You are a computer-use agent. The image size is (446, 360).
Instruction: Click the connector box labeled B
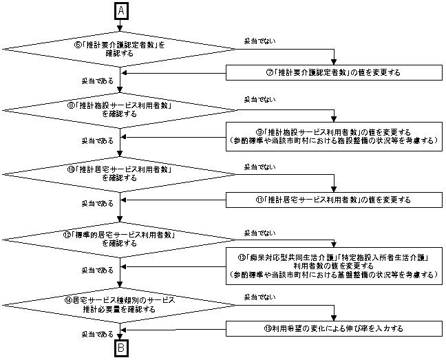point(120,348)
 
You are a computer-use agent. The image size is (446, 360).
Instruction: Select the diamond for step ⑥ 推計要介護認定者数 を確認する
point(120,49)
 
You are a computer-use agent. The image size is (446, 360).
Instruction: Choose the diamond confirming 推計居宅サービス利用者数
point(120,172)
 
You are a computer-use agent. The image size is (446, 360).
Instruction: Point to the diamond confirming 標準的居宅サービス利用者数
point(120,237)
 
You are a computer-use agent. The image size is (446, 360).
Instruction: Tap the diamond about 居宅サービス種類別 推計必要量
point(120,305)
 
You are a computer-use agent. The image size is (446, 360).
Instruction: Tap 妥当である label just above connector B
point(97,334)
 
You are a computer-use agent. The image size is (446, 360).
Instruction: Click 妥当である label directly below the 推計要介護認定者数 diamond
point(97,81)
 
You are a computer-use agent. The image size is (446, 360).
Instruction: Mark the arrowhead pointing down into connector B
point(120,338)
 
